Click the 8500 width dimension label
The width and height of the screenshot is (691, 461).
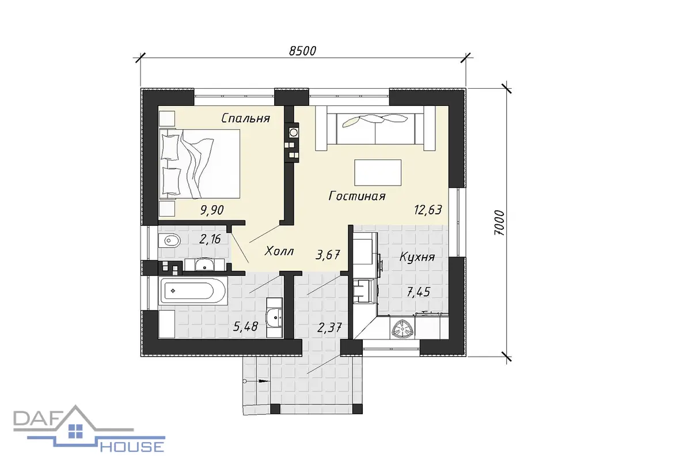[x=302, y=51]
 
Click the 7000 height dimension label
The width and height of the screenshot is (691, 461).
[x=499, y=223]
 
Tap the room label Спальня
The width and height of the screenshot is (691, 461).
[x=245, y=118]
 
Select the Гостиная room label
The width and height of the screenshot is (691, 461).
[x=357, y=196]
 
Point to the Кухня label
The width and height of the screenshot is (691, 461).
[x=417, y=257]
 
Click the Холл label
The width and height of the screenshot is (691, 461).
[x=279, y=251]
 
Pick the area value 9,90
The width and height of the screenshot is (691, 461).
[x=212, y=210]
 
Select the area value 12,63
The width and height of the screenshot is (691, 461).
[x=428, y=210]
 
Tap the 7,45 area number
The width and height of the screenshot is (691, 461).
[x=418, y=292]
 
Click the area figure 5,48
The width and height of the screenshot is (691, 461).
[x=245, y=326]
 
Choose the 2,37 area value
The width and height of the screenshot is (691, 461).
[x=329, y=327]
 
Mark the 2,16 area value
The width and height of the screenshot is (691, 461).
[x=210, y=239]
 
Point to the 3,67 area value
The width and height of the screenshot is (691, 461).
[x=328, y=255]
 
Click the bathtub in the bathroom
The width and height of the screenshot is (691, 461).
[x=193, y=290]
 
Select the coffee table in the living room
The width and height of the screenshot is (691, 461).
[x=378, y=173]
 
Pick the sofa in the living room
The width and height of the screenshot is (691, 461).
[x=375, y=128]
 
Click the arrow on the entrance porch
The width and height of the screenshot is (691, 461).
[x=256, y=381]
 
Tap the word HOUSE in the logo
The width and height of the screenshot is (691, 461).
[x=132, y=447]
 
